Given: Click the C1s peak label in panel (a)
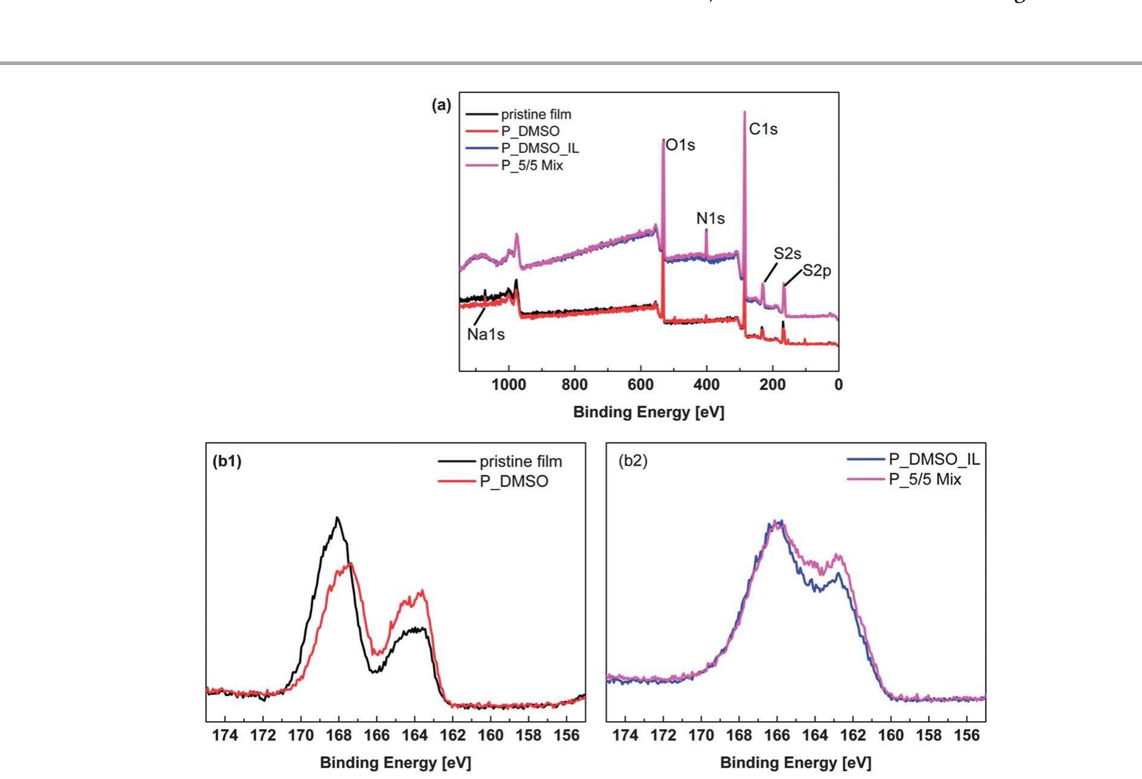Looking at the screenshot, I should (763, 129).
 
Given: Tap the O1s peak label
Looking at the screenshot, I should (681, 145).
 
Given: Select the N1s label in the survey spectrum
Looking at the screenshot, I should (710, 219).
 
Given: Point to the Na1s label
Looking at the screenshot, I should (485, 334).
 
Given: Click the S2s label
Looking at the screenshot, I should (787, 253).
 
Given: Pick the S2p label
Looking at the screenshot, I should (817, 271).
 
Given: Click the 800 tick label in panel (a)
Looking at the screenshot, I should (574, 385).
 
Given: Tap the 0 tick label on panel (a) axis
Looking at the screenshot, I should (838, 385).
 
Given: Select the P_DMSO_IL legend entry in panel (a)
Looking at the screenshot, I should (540, 148).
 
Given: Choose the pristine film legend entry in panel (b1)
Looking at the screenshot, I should (520, 462).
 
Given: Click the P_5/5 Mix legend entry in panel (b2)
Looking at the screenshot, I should (925, 479).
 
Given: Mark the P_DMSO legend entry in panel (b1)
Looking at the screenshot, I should (514, 482).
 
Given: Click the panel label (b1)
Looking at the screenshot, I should (227, 461).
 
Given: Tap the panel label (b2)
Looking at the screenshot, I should (633, 461).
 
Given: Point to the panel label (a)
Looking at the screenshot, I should (441, 105).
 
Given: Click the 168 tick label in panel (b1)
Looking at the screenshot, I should (339, 735).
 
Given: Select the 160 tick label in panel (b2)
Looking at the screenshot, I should (891, 735).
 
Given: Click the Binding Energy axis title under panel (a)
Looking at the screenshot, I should (648, 412).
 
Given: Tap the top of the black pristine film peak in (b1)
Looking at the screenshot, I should (337, 518).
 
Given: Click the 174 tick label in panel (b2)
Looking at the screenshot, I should (625, 735).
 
